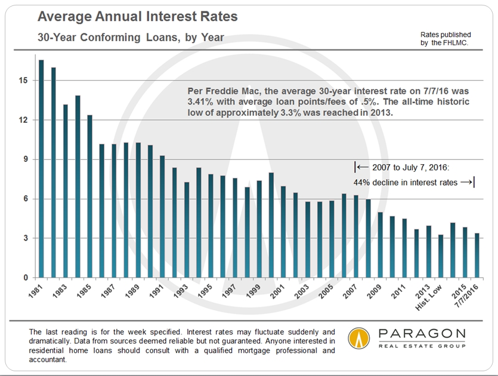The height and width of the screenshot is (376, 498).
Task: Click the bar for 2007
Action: (x=356, y=236)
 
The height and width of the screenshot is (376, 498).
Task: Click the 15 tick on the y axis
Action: (x=24, y=80)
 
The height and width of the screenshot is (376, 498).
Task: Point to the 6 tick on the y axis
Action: (x=26, y=199)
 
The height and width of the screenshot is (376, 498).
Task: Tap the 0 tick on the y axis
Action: (x=26, y=278)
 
